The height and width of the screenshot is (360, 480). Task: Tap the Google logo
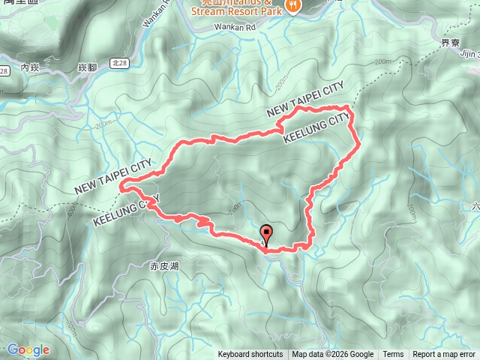pyautogui.click(x=28, y=349)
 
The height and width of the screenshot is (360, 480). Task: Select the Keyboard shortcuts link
pyautogui.click(x=250, y=355)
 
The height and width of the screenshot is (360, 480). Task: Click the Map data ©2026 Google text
pyautogui.click(x=332, y=355)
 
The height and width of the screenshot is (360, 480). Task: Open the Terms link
pyautogui.click(x=393, y=355)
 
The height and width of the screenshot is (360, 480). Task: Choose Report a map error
pyautogui.click(x=445, y=355)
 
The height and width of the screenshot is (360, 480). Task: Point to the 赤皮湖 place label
pyautogui.click(x=163, y=265)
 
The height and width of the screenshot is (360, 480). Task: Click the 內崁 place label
pyautogui.click(x=29, y=67)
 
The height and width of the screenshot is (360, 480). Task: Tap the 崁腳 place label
pyautogui.click(x=88, y=67)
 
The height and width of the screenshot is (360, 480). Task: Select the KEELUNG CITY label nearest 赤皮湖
pyautogui.click(x=127, y=211)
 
